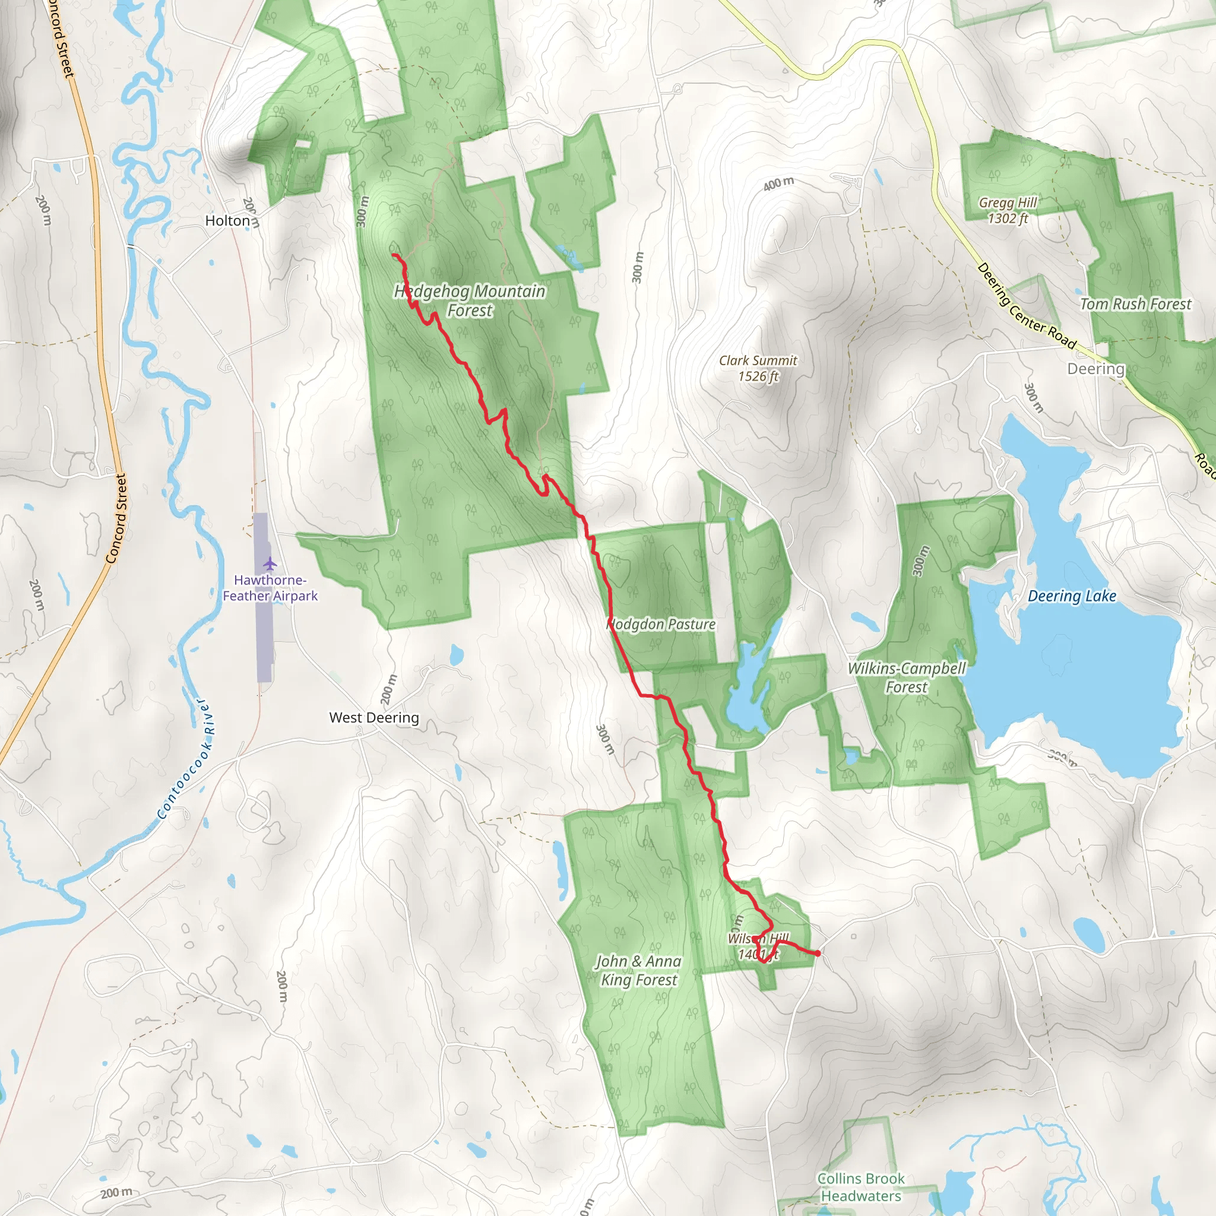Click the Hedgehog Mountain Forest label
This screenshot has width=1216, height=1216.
[470, 300]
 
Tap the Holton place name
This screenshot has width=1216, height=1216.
[227, 221]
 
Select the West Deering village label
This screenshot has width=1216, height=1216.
[374, 717]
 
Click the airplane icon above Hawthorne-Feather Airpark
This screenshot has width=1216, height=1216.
[270, 562]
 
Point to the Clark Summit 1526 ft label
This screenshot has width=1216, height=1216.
[758, 368]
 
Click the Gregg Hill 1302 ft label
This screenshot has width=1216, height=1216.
[1007, 210]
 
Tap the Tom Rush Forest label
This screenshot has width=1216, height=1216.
[1135, 304]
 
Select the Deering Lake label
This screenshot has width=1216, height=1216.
[1072, 596]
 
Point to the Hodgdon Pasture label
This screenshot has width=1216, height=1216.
[661, 625]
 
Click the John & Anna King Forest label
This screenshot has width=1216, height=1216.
[638, 970]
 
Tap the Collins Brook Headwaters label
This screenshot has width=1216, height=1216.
[860, 1186]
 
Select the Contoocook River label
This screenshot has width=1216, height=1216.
[186, 758]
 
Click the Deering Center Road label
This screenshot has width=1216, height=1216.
[1026, 306]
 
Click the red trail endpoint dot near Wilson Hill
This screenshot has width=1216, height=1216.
[817, 954]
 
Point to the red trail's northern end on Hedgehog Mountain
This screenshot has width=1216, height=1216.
[394, 255]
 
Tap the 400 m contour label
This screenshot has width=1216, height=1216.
[778, 184]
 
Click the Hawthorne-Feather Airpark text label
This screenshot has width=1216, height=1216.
[270, 588]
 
